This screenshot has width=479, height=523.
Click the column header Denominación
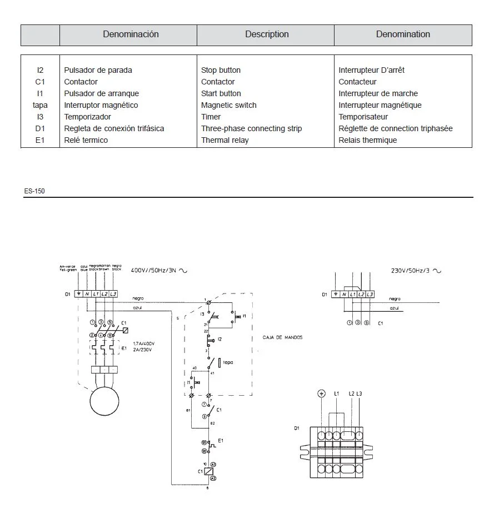(x=131, y=34)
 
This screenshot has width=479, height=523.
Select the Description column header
(x=267, y=34)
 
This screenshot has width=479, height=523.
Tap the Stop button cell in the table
(x=221, y=70)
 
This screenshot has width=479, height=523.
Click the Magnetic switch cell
(x=228, y=105)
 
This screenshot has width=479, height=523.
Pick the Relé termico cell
(x=86, y=140)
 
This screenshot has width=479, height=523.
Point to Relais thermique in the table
(x=367, y=140)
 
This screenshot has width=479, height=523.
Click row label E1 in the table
(x=40, y=140)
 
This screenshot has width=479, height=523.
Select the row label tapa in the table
(x=40, y=105)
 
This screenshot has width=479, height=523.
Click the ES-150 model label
(x=34, y=191)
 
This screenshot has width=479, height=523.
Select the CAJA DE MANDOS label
(x=282, y=337)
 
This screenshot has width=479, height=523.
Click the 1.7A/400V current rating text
(x=143, y=343)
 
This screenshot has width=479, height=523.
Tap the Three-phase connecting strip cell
(x=251, y=128)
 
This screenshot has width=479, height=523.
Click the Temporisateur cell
(x=363, y=117)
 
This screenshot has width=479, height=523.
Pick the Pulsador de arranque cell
(x=101, y=93)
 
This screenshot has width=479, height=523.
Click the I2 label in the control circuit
(x=220, y=339)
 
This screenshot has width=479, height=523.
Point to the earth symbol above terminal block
(x=321, y=394)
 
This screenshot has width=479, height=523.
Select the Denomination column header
(x=403, y=34)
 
